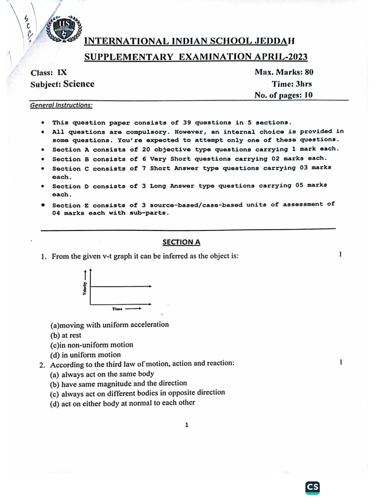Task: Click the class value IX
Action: (x=62, y=72)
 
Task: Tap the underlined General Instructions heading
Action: (x=61, y=105)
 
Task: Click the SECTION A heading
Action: (x=181, y=242)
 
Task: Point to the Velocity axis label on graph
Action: (x=85, y=289)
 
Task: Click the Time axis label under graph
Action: (x=117, y=309)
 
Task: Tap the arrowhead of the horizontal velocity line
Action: (x=150, y=286)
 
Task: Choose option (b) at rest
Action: (x=66, y=335)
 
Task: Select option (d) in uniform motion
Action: (x=85, y=355)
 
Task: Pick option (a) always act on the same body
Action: (x=102, y=374)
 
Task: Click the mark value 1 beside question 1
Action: (x=339, y=254)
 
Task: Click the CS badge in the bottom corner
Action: (x=312, y=487)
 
